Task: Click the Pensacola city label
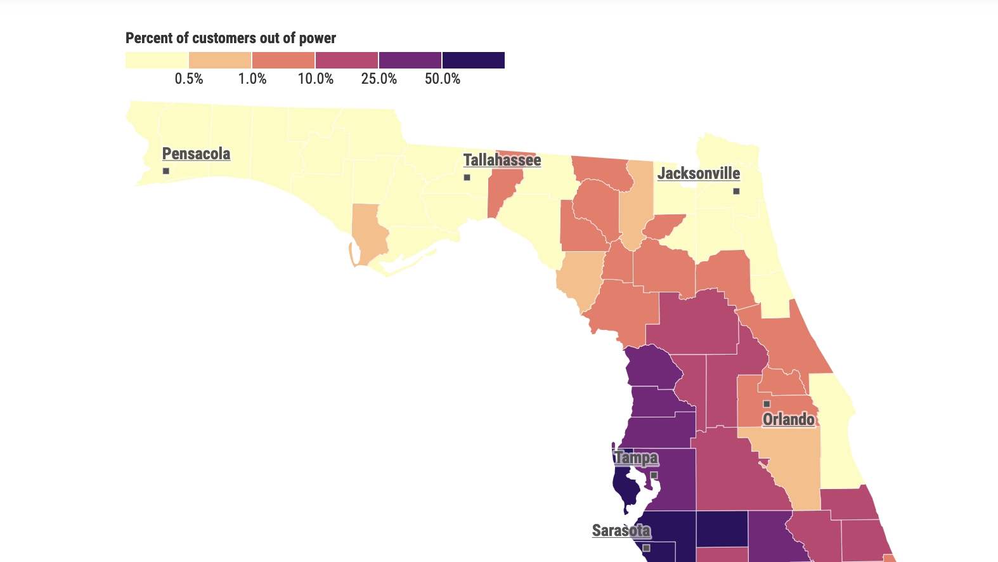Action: click(x=196, y=154)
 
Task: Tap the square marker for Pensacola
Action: click(x=166, y=171)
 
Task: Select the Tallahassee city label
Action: click(x=502, y=160)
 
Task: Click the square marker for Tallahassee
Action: click(x=467, y=178)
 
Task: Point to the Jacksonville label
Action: click(x=699, y=174)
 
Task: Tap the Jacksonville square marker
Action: click(x=736, y=191)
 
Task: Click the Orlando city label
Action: click(x=788, y=419)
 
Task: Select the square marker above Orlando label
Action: click(x=767, y=404)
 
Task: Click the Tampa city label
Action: click(x=636, y=458)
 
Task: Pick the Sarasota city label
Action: click(x=621, y=531)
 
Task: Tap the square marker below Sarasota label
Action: click(x=647, y=548)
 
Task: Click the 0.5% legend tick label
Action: click(x=189, y=79)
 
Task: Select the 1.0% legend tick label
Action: click(x=252, y=79)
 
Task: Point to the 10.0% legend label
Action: click(x=316, y=79)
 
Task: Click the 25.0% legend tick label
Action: click(x=379, y=79)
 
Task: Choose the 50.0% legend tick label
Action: click(x=443, y=79)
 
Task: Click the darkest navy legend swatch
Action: click(x=473, y=60)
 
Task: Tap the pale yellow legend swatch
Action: click(x=157, y=60)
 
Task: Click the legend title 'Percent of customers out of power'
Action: click(x=231, y=38)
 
